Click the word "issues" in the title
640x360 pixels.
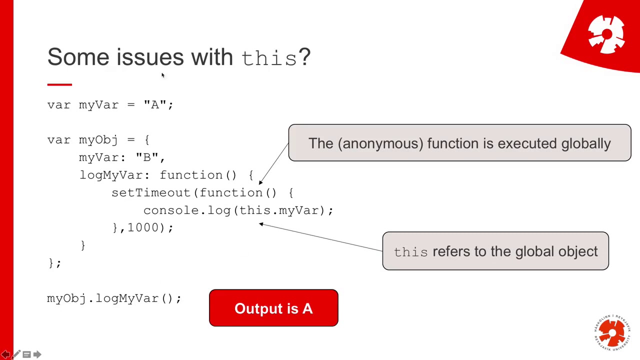pyautogui.click(x=150, y=57)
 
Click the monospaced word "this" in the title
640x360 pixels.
pyautogui.click(x=269, y=58)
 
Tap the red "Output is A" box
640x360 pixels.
pyautogui.click(x=273, y=308)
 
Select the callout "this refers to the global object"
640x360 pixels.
pyautogui.click(x=495, y=251)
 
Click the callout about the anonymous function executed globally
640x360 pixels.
pyautogui.click(x=459, y=143)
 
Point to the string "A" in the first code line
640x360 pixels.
pyautogui.click(x=155, y=104)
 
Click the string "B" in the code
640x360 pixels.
pyautogui.click(x=147, y=157)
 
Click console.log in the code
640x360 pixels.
pyautogui.click(x=186, y=210)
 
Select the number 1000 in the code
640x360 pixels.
pyautogui.click(x=143, y=227)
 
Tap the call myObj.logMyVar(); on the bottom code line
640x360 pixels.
pyautogui.click(x=114, y=298)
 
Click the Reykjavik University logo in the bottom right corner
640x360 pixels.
pyautogui.click(x=612, y=332)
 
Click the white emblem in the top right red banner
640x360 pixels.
pyautogui.click(x=606, y=34)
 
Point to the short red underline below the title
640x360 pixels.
pyautogui.click(x=59, y=84)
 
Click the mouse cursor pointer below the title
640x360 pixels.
pyautogui.click(x=162, y=75)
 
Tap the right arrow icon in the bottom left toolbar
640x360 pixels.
pyautogui.click(x=37, y=354)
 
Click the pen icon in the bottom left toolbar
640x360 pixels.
pyautogui.click(x=16, y=354)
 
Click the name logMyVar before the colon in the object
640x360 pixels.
pyautogui.click(x=111, y=175)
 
